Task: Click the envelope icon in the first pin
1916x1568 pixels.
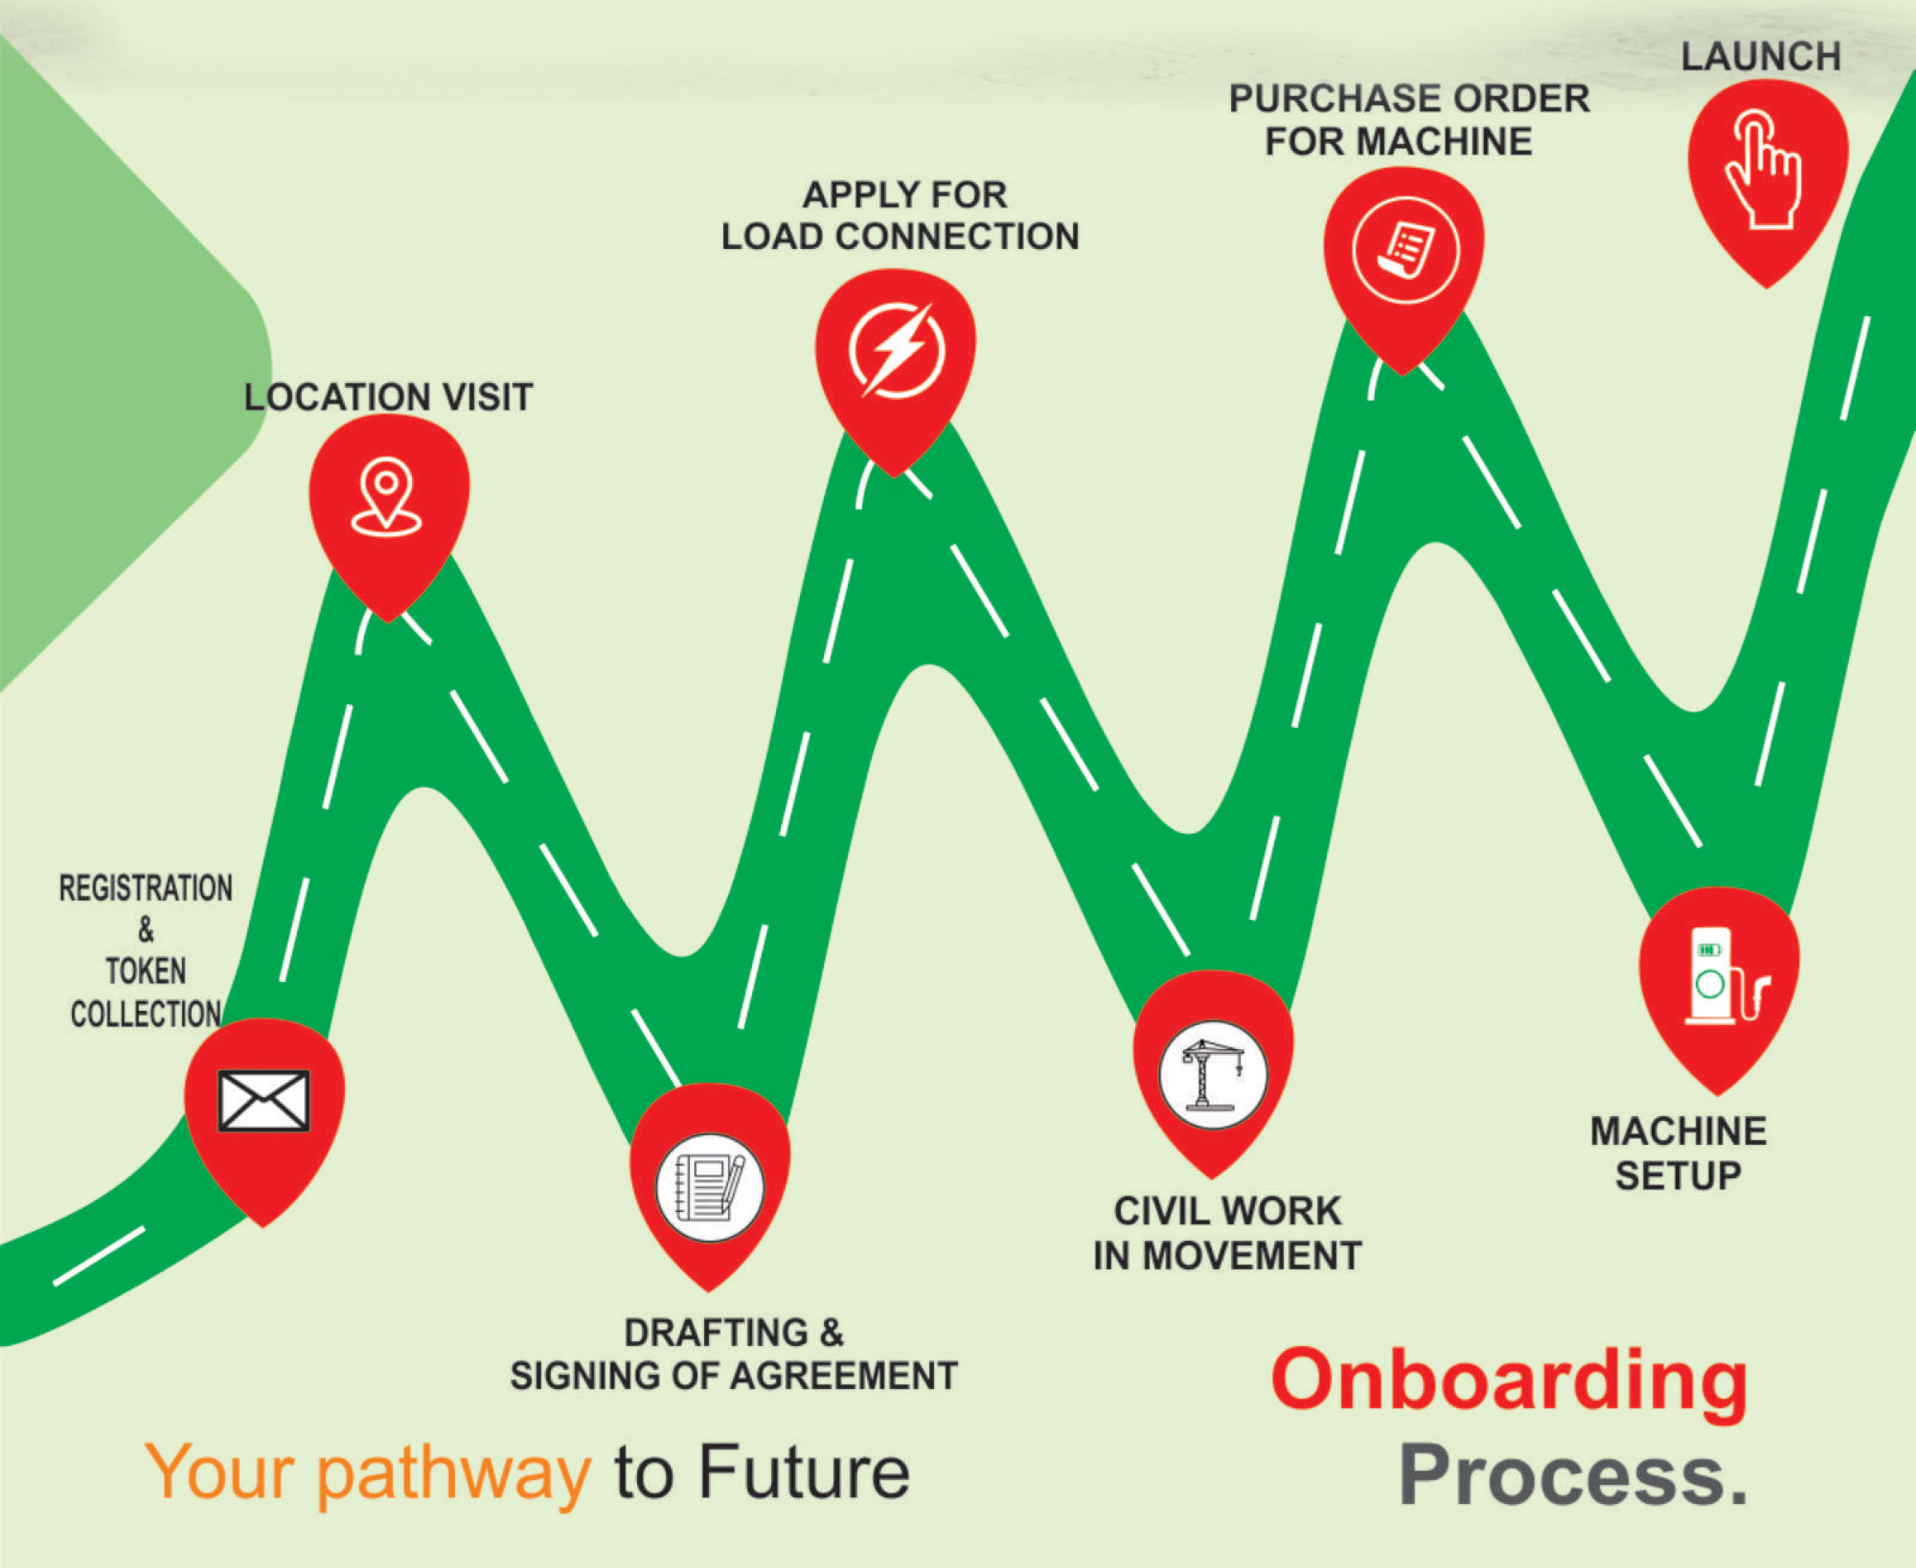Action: (x=263, y=1100)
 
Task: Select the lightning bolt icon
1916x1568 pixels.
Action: (x=896, y=350)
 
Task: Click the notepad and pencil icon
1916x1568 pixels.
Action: (x=709, y=1187)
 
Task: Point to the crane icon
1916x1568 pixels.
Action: (x=1213, y=1075)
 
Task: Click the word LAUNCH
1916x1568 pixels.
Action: (x=1760, y=57)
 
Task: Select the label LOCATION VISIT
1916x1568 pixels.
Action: (x=389, y=398)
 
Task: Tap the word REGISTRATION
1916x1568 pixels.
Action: (x=145, y=889)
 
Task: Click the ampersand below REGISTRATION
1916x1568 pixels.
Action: (x=145, y=929)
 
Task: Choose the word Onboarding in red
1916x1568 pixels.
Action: (x=1509, y=1380)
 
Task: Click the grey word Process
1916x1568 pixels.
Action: (x=1573, y=1475)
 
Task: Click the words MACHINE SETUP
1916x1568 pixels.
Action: (x=1677, y=1154)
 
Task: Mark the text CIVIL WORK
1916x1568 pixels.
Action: (x=1227, y=1211)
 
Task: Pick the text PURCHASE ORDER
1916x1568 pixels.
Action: (x=1408, y=98)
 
